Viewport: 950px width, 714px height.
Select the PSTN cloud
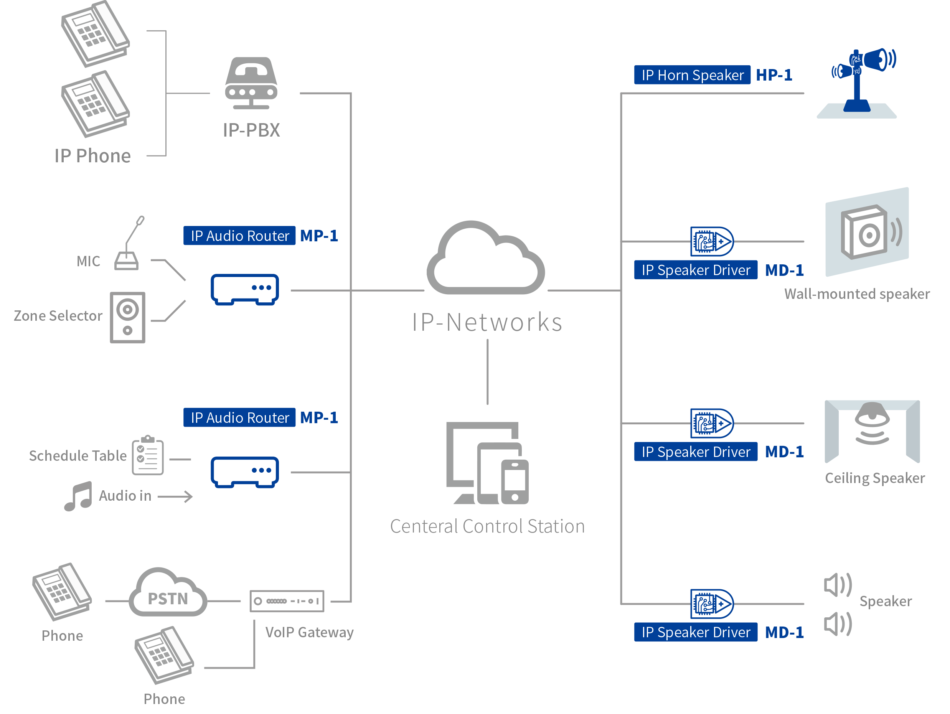click(x=168, y=594)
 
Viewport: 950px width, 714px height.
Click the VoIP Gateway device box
click(x=287, y=601)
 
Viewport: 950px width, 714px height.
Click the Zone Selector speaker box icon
click(x=127, y=317)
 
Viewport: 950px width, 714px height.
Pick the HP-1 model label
click(x=774, y=75)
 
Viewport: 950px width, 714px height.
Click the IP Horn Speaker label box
click(x=692, y=75)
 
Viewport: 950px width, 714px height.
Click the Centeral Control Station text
click(x=487, y=526)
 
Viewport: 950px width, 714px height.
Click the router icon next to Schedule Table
click(x=244, y=472)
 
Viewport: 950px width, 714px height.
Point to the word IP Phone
click(x=92, y=156)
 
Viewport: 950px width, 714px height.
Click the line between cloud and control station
click(x=487, y=372)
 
